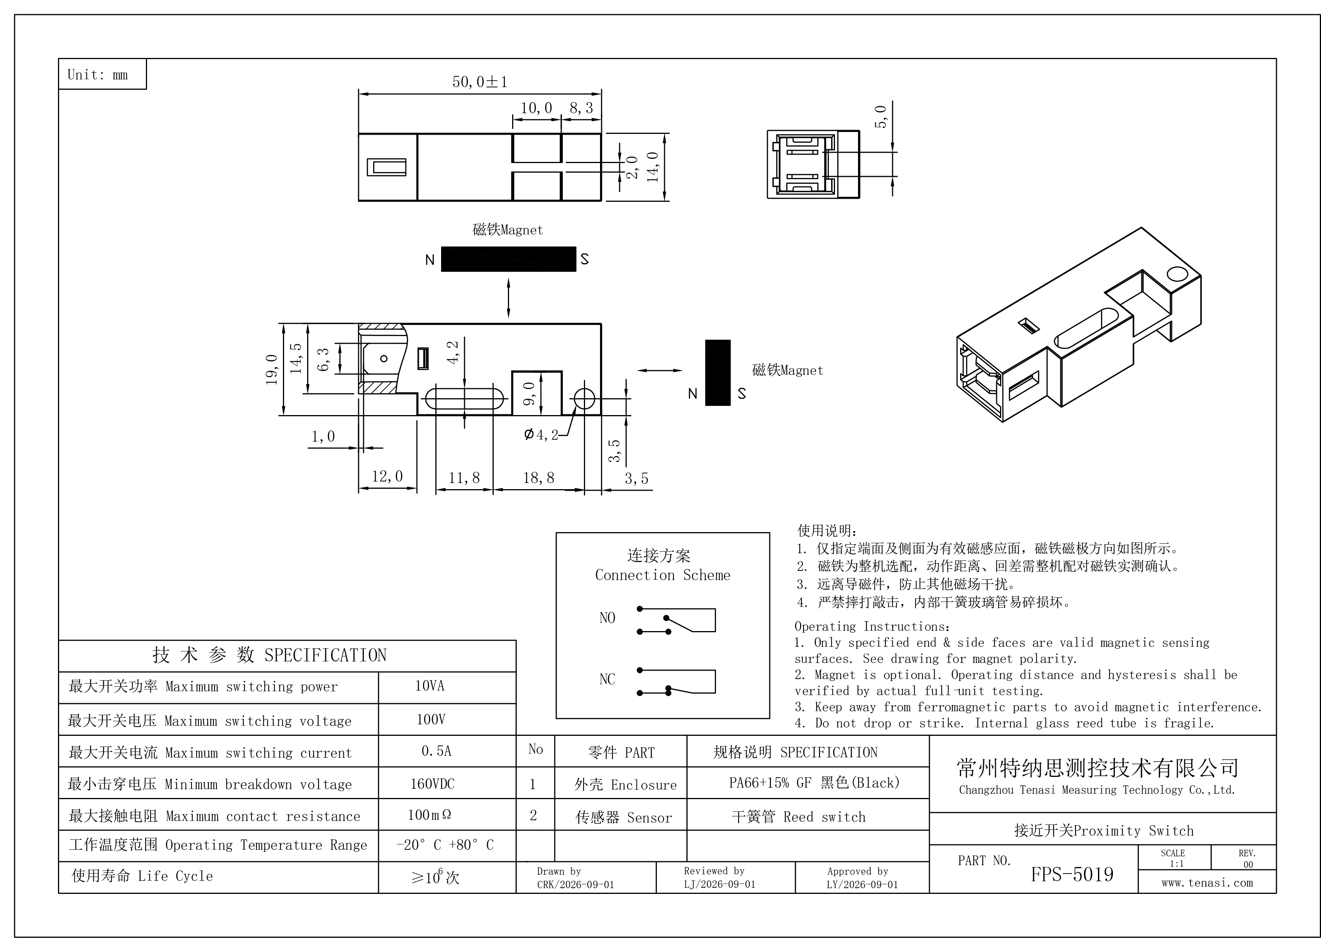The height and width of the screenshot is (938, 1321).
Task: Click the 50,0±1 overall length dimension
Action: click(479, 82)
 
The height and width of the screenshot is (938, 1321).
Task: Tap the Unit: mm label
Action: click(98, 74)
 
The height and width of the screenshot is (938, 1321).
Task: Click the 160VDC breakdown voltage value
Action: click(432, 784)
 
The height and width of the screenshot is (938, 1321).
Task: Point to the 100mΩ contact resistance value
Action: click(429, 815)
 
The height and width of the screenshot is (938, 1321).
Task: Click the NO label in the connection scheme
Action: click(607, 618)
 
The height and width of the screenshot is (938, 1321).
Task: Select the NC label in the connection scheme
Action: click(607, 679)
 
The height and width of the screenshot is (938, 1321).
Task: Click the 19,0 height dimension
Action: click(271, 370)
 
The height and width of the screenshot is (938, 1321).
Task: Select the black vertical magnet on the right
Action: click(718, 373)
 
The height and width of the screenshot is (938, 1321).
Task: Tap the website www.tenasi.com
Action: click(1207, 882)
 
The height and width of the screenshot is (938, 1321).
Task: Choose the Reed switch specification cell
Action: click(799, 817)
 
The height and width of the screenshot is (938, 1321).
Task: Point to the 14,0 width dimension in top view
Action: click(653, 167)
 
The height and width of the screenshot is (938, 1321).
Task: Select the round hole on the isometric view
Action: click(1177, 273)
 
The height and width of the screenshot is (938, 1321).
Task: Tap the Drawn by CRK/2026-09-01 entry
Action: click(575, 878)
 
